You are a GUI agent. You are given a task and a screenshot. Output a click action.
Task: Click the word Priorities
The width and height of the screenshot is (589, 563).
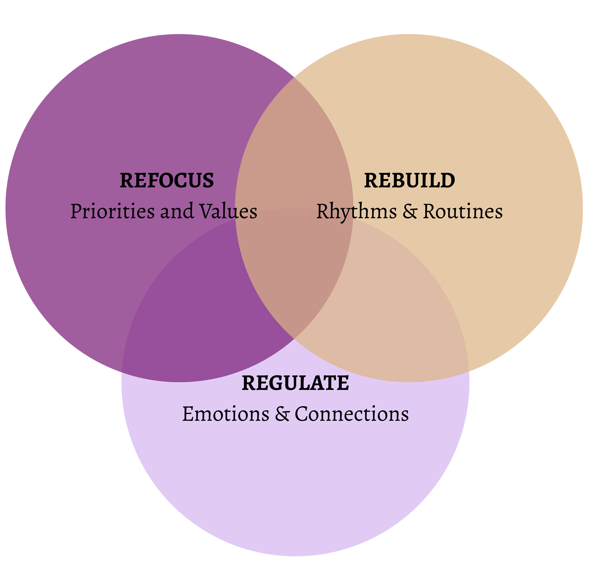click(x=112, y=211)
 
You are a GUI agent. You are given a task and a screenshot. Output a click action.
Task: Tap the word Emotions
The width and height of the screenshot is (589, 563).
click(x=226, y=414)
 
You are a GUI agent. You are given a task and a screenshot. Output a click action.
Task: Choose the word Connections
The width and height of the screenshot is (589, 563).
click(x=351, y=414)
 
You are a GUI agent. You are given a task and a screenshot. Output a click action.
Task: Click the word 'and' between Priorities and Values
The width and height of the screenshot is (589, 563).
click(x=177, y=211)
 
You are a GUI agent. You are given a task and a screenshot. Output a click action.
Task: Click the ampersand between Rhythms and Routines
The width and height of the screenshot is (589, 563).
click(x=410, y=211)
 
